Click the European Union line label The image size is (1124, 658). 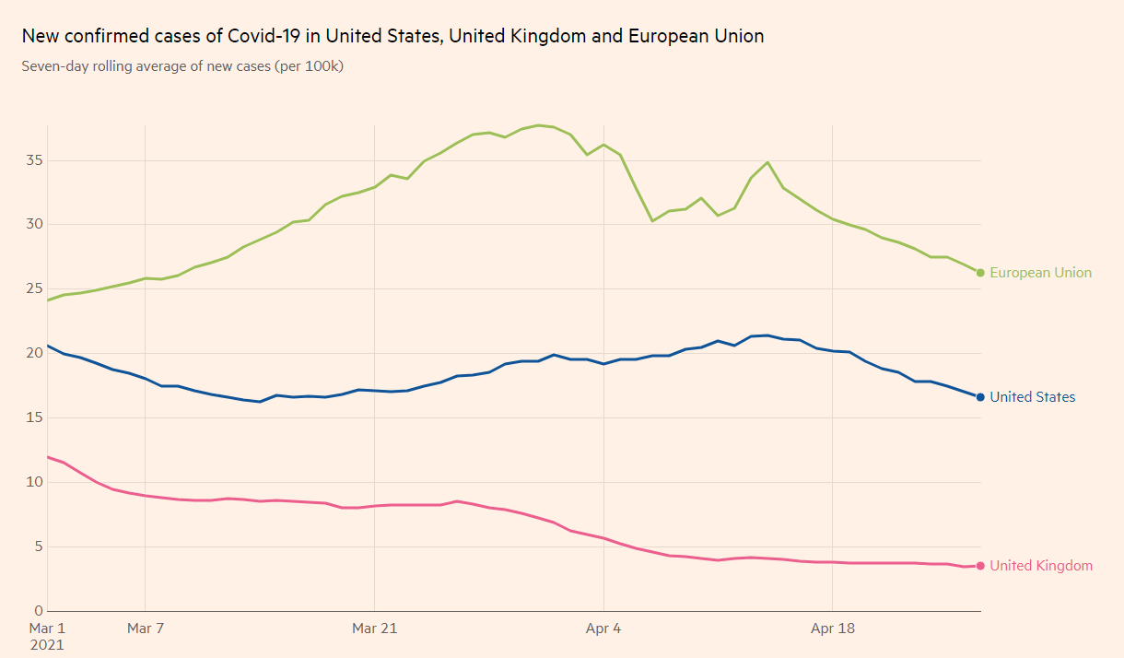pos(1040,273)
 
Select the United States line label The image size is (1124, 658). pos(1032,397)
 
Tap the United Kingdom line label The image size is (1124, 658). pos(1041,566)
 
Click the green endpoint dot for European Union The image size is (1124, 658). pos(980,273)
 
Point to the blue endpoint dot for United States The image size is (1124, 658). pos(980,397)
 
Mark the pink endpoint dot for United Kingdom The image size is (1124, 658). pos(980,566)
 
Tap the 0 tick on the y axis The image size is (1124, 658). pos(38,611)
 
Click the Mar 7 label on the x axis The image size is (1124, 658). pos(146,629)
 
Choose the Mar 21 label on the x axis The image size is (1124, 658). pos(374,629)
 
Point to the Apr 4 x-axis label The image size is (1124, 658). pos(603,629)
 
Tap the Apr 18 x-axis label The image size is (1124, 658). pos(832,629)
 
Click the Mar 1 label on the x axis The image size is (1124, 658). pos(46,629)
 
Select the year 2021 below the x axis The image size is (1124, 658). pos(46,645)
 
